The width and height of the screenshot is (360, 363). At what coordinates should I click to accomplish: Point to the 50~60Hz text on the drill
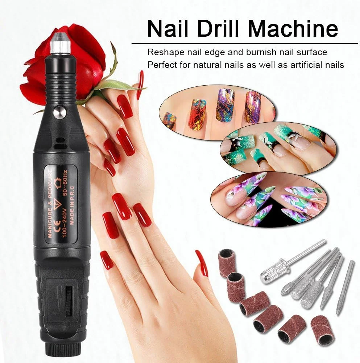click(x=65, y=183)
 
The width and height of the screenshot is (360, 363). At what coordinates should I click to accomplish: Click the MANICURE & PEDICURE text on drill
click(x=49, y=204)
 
